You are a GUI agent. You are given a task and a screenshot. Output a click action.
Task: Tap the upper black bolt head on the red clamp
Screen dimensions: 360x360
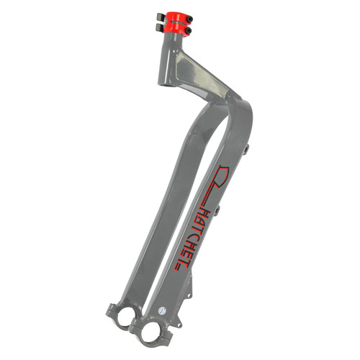click(x=190, y=19)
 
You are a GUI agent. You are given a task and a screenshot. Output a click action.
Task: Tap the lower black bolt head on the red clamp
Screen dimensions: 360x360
click(x=189, y=31)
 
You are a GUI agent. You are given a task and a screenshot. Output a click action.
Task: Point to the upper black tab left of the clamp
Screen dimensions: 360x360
click(x=160, y=17)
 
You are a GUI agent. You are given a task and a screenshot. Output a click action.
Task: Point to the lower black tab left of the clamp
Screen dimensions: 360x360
click(x=160, y=27)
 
